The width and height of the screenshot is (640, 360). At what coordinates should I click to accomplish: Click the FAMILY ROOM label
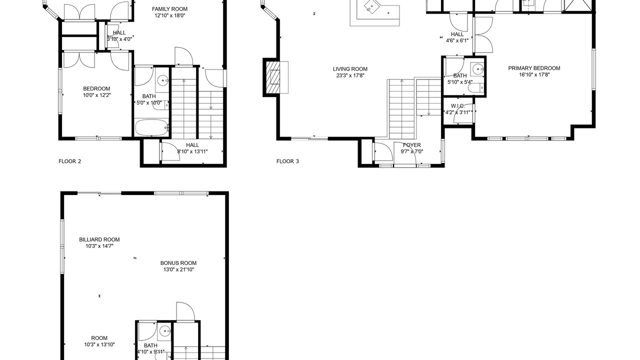(x=169, y=9)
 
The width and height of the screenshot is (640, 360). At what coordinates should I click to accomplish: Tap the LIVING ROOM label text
(x=350, y=69)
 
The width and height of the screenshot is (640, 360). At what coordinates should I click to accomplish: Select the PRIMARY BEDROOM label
(x=534, y=68)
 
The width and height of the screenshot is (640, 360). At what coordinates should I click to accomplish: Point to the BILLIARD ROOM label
(x=99, y=239)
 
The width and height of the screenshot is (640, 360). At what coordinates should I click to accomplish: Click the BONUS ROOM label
(x=178, y=263)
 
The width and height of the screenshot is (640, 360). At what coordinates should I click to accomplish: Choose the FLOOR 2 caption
(x=69, y=161)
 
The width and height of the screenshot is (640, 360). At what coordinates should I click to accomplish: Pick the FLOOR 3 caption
(x=287, y=161)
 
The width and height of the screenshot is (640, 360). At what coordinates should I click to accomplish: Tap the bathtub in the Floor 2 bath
(x=151, y=127)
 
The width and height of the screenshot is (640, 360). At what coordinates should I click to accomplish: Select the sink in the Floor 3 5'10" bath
(x=477, y=69)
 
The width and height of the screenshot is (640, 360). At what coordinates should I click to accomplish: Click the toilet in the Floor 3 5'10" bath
(x=475, y=87)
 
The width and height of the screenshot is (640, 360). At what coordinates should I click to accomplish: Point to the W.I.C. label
(x=457, y=106)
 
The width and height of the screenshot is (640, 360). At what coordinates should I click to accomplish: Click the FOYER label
(x=411, y=145)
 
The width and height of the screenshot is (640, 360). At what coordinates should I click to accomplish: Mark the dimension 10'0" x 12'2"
(x=97, y=95)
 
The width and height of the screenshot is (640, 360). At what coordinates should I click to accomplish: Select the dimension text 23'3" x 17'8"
(x=350, y=75)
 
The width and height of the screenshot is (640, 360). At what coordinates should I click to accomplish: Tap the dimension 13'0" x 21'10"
(x=178, y=269)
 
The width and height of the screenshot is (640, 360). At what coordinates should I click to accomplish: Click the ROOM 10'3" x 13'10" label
(x=99, y=341)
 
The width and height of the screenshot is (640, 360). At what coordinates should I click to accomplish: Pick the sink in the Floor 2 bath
(x=163, y=79)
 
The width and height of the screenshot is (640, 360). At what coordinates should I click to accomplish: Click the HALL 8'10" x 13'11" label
(x=192, y=148)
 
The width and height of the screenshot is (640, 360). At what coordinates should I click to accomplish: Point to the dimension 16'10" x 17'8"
(x=534, y=74)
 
